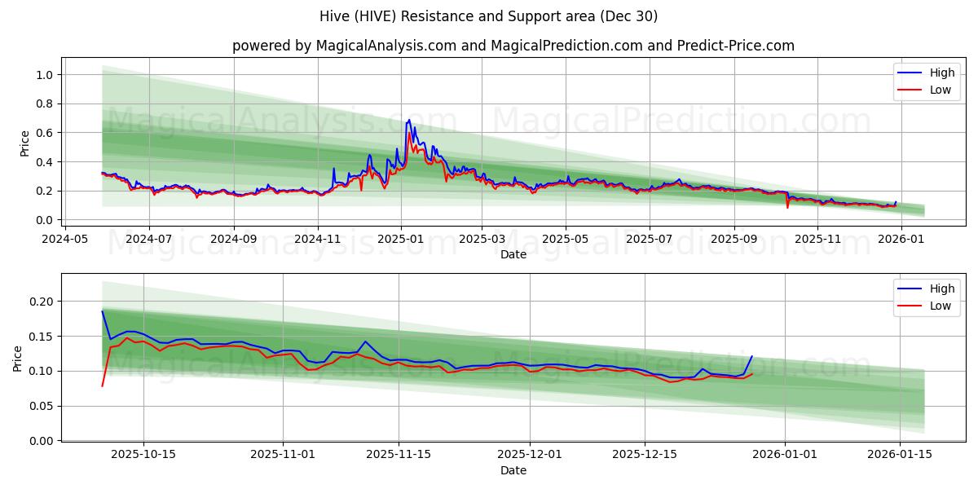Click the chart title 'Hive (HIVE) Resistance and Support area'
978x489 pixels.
[x=489, y=16]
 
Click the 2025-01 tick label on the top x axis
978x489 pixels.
[x=400, y=240]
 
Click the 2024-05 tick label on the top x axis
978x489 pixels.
[x=65, y=240]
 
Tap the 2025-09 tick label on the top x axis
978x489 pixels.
[x=733, y=240]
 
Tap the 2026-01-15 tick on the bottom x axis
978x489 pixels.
[x=900, y=455]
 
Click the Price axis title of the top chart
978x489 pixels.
[x=24, y=143]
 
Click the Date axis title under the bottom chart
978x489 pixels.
[x=513, y=470]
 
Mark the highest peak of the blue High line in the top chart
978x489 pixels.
[x=409, y=120]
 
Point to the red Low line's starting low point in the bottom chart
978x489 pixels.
[x=102, y=385]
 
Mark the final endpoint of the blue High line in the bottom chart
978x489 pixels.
[x=752, y=356]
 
